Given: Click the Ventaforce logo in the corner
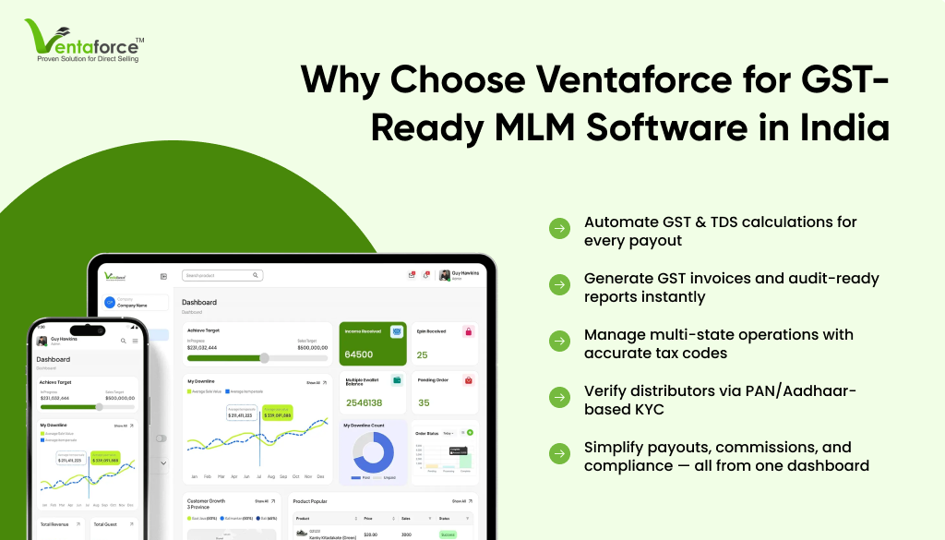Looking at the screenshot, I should point(84,40).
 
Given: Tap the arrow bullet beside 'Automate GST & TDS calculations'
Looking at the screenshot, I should point(559,229).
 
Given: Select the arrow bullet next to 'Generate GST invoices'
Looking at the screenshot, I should point(559,285).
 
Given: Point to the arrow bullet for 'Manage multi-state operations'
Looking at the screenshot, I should point(559,342).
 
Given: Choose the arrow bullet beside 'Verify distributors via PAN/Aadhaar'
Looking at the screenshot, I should point(559,398).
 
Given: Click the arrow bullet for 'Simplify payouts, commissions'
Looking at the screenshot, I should point(559,454).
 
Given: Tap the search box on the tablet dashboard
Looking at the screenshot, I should point(222,275).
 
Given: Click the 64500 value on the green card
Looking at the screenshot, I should point(358,354).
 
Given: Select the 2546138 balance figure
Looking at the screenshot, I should point(365,403).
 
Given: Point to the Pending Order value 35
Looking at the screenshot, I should point(424,403).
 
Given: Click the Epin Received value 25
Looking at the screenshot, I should point(422,354).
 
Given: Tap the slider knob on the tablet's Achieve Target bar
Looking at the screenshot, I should point(264,357).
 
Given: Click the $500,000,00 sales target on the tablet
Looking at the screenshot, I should point(307,347).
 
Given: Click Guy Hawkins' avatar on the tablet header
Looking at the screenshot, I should point(445,275).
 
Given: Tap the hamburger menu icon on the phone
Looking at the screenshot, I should point(135,341).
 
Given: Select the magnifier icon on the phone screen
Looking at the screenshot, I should point(123,341).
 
